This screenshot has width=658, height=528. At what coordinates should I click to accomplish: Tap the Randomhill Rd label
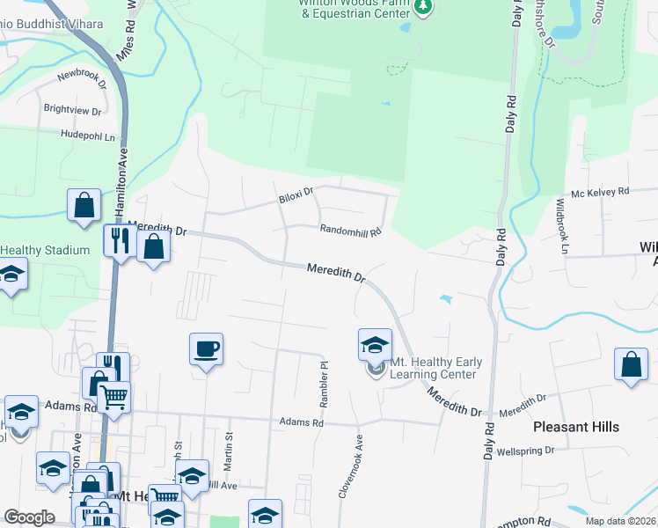(x=350, y=231)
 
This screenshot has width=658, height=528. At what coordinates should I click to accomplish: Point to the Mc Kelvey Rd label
(x=601, y=191)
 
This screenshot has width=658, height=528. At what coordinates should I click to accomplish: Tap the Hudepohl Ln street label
(x=88, y=136)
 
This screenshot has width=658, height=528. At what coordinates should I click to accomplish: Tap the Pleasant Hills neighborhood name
(x=576, y=427)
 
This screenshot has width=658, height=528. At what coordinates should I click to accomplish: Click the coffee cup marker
(x=206, y=348)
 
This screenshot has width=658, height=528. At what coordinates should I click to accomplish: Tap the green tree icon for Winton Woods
(x=425, y=9)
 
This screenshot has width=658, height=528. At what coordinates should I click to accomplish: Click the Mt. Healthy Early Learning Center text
(x=433, y=368)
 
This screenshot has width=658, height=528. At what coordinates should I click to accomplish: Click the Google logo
(x=29, y=517)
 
